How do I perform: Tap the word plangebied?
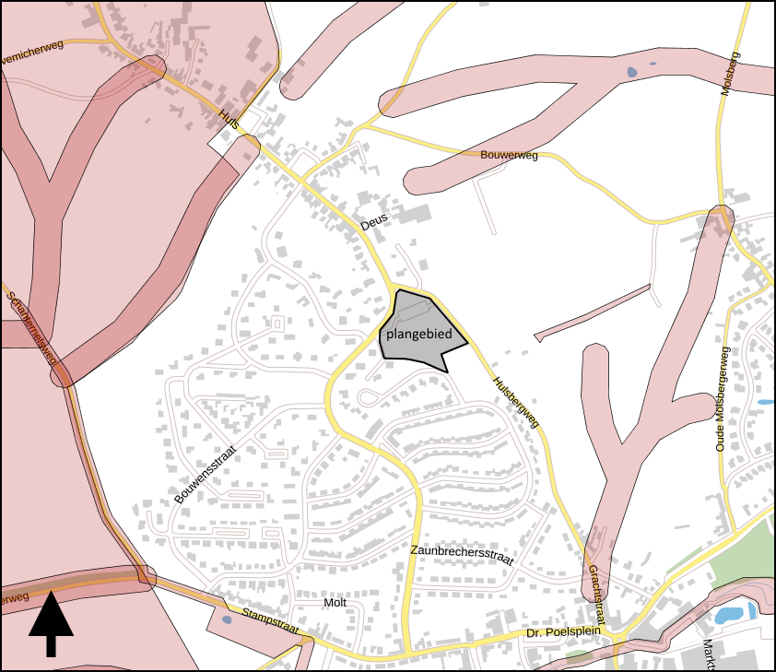419,334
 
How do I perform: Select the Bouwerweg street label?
509,156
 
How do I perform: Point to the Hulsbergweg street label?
516,401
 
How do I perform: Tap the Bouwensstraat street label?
206,475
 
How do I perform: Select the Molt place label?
335,602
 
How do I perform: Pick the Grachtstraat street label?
594,597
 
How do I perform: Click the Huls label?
229,121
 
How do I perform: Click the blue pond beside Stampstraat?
227,619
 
